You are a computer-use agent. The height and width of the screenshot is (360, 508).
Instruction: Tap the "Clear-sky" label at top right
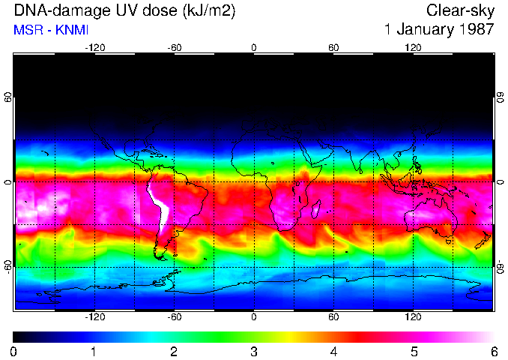(x=460, y=11)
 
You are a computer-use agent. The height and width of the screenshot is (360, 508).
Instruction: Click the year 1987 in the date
(x=473, y=31)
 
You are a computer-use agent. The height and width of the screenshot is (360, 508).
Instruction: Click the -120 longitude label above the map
(x=94, y=47)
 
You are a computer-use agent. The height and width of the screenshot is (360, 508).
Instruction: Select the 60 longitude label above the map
(x=333, y=47)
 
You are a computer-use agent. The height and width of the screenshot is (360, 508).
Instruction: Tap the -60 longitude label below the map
(x=174, y=316)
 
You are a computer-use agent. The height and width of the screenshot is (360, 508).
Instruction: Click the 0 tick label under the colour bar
(x=13, y=351)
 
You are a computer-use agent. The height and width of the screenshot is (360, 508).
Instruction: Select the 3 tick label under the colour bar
(x=253, y=351)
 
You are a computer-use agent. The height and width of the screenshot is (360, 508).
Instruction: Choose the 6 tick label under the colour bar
(x=493, y=351)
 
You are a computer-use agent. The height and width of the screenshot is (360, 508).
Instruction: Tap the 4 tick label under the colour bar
(x=333, y=351)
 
